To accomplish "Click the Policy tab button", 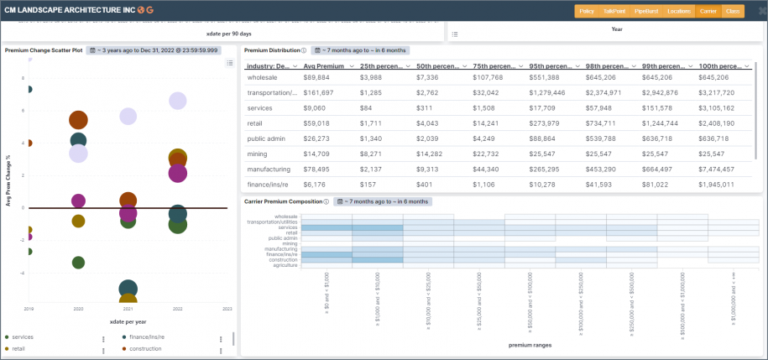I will point(587,11).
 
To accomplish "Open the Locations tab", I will point(678,11).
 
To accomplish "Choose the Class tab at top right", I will point(732,11).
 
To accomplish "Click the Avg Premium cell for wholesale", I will point(316,77).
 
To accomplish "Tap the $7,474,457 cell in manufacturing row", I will point(717,169).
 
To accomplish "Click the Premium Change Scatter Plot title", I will point(44,50).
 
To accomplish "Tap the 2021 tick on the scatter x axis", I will point(128,309).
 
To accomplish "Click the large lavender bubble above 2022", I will point(177,101).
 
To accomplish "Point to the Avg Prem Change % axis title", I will point(8,180).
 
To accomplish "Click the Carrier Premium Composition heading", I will point(283,201).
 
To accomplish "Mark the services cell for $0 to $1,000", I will point(327,227).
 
